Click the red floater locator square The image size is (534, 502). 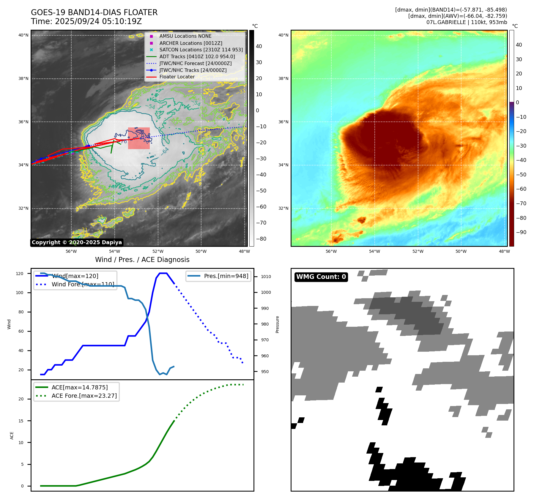pyautogui.click(x=139, y=138)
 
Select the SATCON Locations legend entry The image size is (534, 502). pyautogui.click(x=201, y=50)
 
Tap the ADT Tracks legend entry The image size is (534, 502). pyautogui.click(x=197, y=56)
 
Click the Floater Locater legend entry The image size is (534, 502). pyautogui.click(x=177, y=77)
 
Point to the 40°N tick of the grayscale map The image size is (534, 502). pyautogui.click(x=23, y=35)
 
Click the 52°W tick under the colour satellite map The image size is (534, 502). pyautogui.click(x=418, y=251)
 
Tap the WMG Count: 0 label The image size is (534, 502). pyautogui.click(x=321, y=277)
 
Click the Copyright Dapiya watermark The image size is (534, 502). pyautogui.click(x=77, y=242)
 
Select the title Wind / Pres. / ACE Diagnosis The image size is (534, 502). pyautogui.click(x=142, y=260)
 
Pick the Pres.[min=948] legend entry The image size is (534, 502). pyautogui.click(x=226, y=276)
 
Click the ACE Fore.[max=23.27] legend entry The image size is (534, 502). pyautogui.click(x=84, y=396)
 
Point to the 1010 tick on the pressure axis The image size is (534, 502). pyautogui.click(x=266, y=277)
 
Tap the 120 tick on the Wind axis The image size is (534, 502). pyautogui.click(x=20, y=274)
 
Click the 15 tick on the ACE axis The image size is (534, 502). pyautogui.click(x=21, y=421)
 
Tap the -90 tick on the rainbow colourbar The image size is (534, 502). pyautogui.click(x=521, y=232)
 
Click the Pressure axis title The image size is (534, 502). pyautogui.click(x=278, y=324)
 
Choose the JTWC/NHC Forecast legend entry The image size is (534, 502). pyautogui.click(x=195, y=63)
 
